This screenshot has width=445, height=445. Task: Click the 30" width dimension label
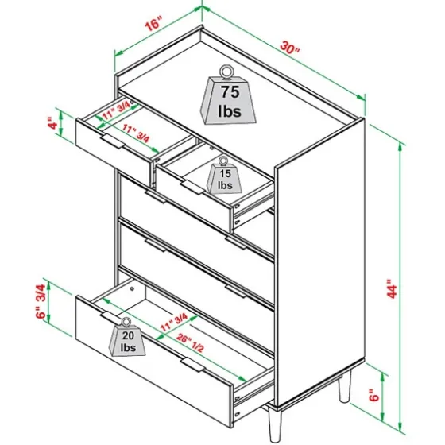[289, 48]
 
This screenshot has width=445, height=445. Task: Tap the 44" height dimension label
[393, 288]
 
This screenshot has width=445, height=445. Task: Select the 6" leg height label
[374, 395]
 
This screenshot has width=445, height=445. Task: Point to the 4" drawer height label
[52, 123]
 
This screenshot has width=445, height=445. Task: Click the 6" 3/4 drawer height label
[41, 301]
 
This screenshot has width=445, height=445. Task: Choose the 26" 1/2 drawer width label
[190, 342]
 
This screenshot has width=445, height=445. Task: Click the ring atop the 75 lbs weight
[226, 71]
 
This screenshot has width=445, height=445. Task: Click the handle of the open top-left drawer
[113, 141]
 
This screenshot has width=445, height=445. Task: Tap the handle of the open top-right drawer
[192, 188]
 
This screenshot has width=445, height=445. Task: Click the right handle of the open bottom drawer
[192, 365]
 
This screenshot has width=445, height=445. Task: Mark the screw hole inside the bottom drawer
[132, 288]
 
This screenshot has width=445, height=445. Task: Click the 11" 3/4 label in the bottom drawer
[174, 322]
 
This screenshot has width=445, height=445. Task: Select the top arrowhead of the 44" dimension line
[400, 146]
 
